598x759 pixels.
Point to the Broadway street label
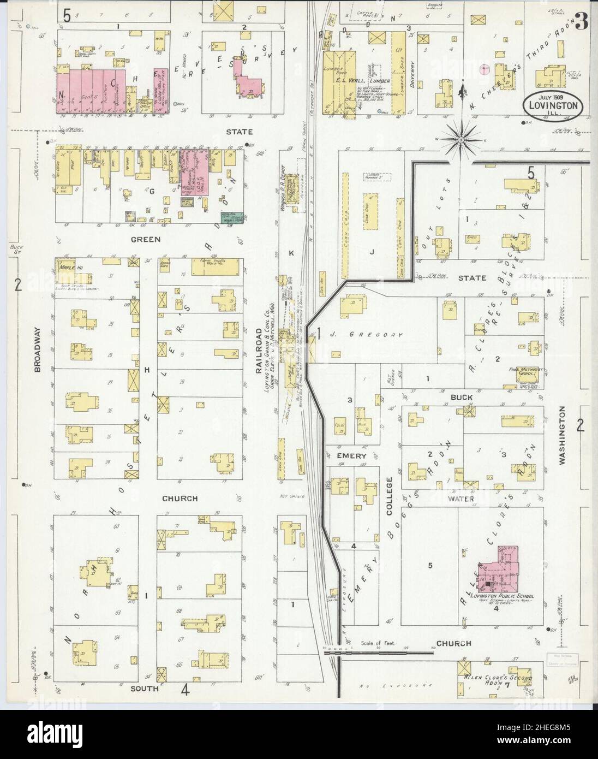(x=37, y=357)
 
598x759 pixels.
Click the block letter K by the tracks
(x=291, y=253)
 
